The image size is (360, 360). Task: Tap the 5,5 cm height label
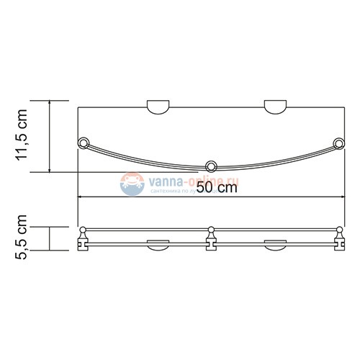[24, 237]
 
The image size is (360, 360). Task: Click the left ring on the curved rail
[84, 141]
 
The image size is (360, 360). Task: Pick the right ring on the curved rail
[338, 141]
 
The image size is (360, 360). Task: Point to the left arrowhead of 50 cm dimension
[81, 197]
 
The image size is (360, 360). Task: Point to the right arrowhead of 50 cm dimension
[341, 197]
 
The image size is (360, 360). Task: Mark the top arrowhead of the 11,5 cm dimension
[50, 104]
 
